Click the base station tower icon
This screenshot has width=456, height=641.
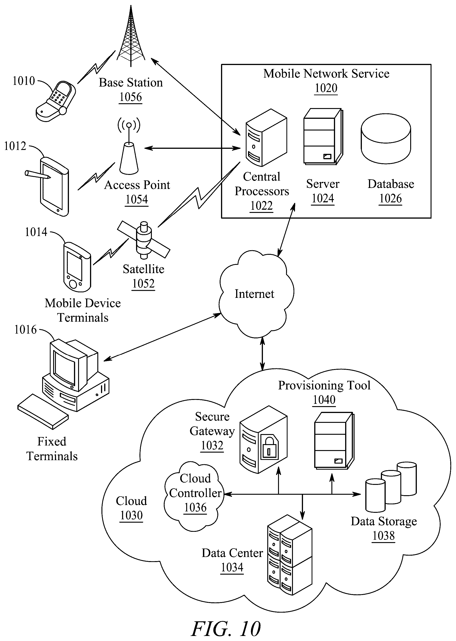point(131,36)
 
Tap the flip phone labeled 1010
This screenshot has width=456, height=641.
point(56,102)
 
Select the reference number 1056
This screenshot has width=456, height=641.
point(131,97)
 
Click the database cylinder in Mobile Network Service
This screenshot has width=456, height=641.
point(386,139)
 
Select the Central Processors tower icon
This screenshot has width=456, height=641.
point(266,138)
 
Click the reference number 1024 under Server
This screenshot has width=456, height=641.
point(323,198)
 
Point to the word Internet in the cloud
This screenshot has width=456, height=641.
point(254,294)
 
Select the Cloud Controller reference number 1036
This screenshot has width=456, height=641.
point(195,507)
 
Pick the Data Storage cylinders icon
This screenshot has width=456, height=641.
point(391,487)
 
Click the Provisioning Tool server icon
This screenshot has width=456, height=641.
point(334,441)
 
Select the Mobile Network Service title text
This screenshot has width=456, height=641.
point(326,73)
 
